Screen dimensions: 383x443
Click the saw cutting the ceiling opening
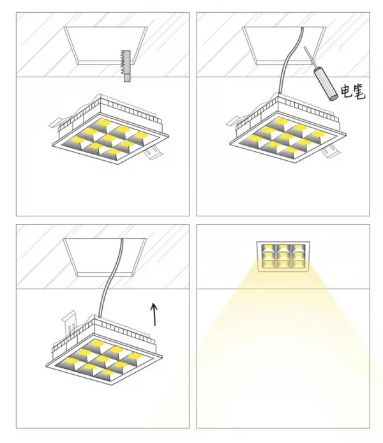coord(126,66)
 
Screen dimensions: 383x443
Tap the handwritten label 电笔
coord(353,91)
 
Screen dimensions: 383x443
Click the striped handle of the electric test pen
coord(325,85)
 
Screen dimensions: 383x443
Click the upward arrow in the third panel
coord(154,314)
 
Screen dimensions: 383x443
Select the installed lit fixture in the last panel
coord(283,257)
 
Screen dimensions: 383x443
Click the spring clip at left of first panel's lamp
coord(58,122)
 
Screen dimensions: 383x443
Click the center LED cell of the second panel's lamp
coord(285,138)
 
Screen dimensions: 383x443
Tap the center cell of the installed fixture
coord(283,257)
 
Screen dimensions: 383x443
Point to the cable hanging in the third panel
coord(111,278)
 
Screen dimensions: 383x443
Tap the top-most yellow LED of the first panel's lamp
coord(104,123)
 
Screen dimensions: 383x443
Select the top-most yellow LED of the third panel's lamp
coord(98,343)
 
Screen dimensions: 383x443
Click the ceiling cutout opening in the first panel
coord(105,45)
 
